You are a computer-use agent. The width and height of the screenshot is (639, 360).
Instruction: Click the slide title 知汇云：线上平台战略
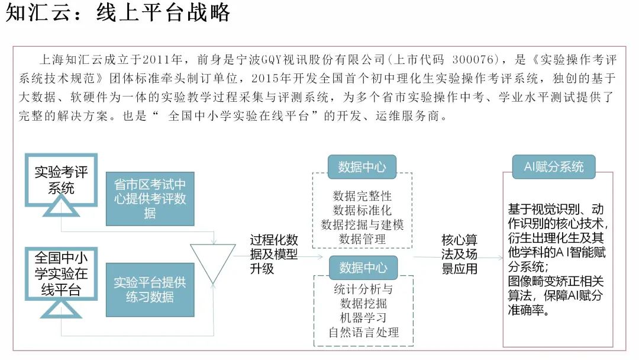118,13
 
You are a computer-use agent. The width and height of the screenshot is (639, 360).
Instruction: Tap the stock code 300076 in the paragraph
473,60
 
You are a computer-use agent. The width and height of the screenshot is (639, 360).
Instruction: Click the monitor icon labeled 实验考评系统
61,181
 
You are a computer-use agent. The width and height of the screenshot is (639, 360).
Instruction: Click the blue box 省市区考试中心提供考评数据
150,199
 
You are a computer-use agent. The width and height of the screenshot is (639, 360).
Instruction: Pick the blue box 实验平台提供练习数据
150,290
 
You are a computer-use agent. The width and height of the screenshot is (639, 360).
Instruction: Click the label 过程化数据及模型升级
274,254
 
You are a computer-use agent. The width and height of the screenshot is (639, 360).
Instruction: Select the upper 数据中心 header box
362,167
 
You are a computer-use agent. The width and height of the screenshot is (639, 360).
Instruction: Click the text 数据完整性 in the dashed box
362,196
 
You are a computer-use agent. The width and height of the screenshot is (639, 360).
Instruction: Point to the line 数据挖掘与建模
362,225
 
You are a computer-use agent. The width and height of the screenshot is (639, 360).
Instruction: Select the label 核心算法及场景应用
460,254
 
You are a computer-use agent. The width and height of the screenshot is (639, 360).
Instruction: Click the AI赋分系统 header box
554,166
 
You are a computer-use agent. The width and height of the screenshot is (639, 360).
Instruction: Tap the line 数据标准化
362,210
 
